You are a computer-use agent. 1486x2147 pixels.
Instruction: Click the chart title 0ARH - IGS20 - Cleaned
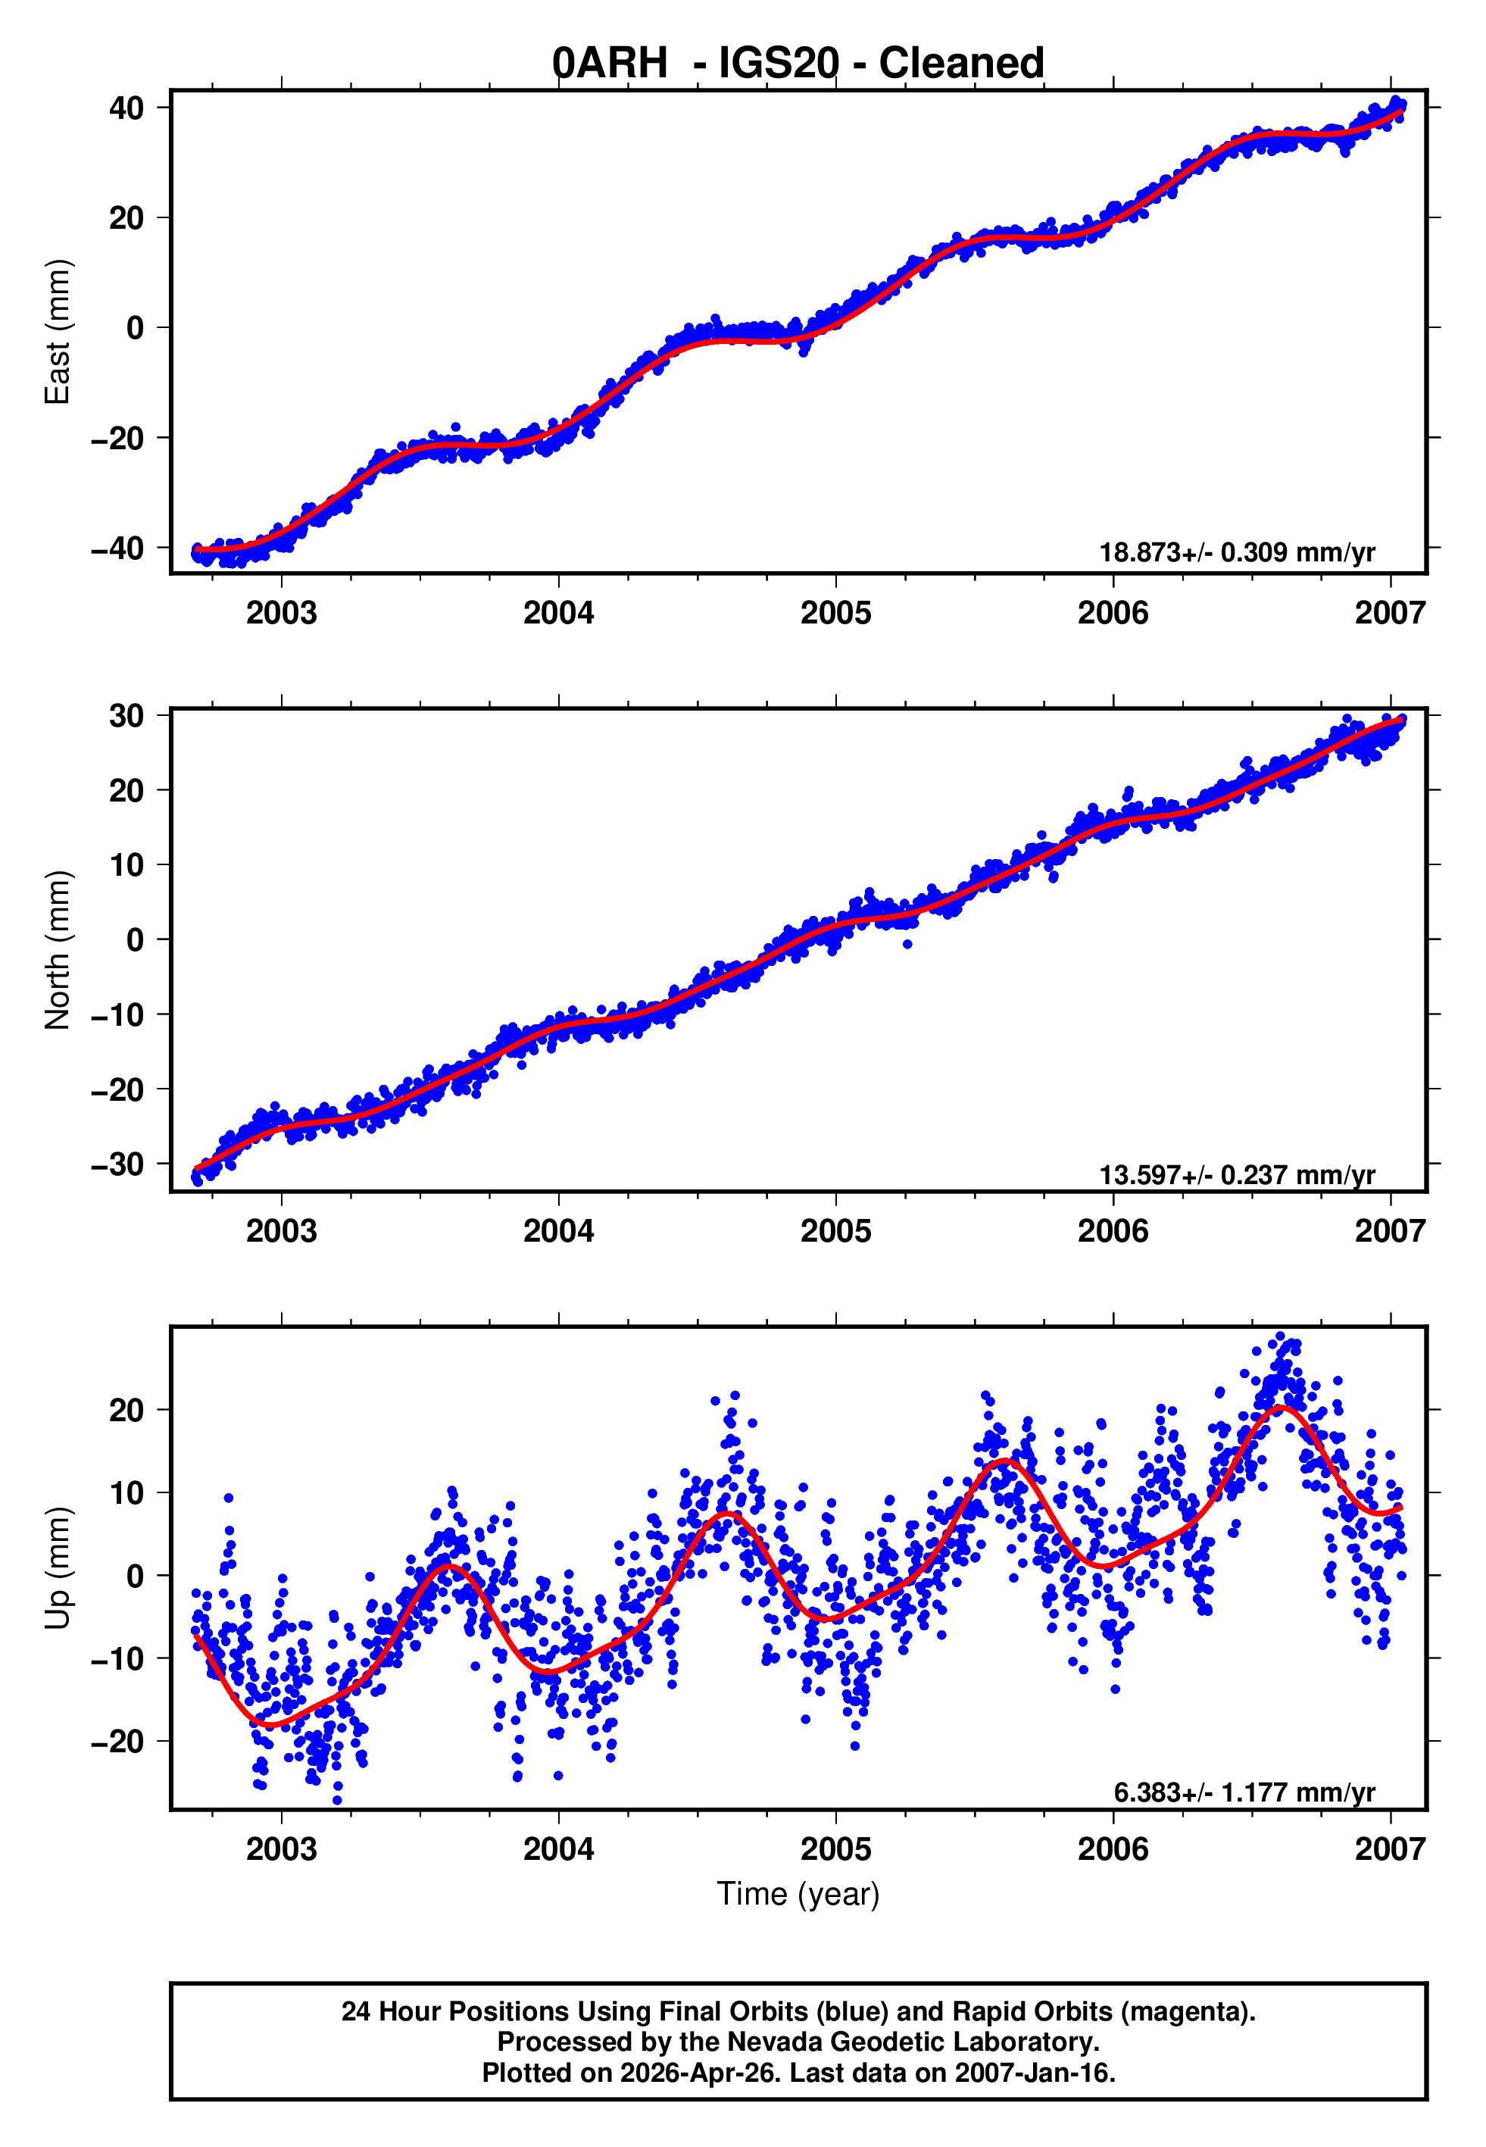pyautogui.click(x=798, y=64)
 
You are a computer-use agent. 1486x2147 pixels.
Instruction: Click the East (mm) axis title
pyautogui.click(x=58, y=332)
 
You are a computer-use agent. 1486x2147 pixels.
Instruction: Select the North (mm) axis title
pyautogui.click(x=58, y=950)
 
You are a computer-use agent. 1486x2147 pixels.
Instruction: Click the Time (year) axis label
pyautogui.click(x=798, y=1895)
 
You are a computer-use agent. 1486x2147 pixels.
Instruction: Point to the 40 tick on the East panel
pyautogui.click(x=126, y=108)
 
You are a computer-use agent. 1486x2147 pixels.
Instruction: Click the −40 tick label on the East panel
pyautogui.click(x=117, y=548)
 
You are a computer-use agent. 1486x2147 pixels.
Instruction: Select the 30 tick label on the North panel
pyautogui.click(x=126, y=716)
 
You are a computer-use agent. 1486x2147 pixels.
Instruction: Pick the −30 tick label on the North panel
pyautogui.click(x=117, y=1164)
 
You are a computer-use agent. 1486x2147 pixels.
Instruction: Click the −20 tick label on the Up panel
pyautogui.click(x=117, y=1742)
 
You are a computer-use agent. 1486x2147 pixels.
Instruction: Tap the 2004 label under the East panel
pyautogui.click(x=559, y=614)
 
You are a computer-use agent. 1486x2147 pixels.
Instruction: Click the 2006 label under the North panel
pyautogui.click(x=1113, y=1232)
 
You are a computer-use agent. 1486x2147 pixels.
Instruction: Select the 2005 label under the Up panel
pyautogui.click(x=836, y=1849)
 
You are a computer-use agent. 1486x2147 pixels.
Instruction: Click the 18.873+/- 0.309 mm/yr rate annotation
pyautogui.click(x=1238, y=553)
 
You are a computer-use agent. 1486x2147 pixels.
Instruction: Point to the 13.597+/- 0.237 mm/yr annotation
pyautogui.click(x=1238, y=1176)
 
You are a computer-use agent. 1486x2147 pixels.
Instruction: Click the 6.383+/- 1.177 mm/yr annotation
pyautogui.click(x=1245, y=1792)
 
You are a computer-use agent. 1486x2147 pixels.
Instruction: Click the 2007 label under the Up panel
pyautogui.click(x=1390, y=1849)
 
